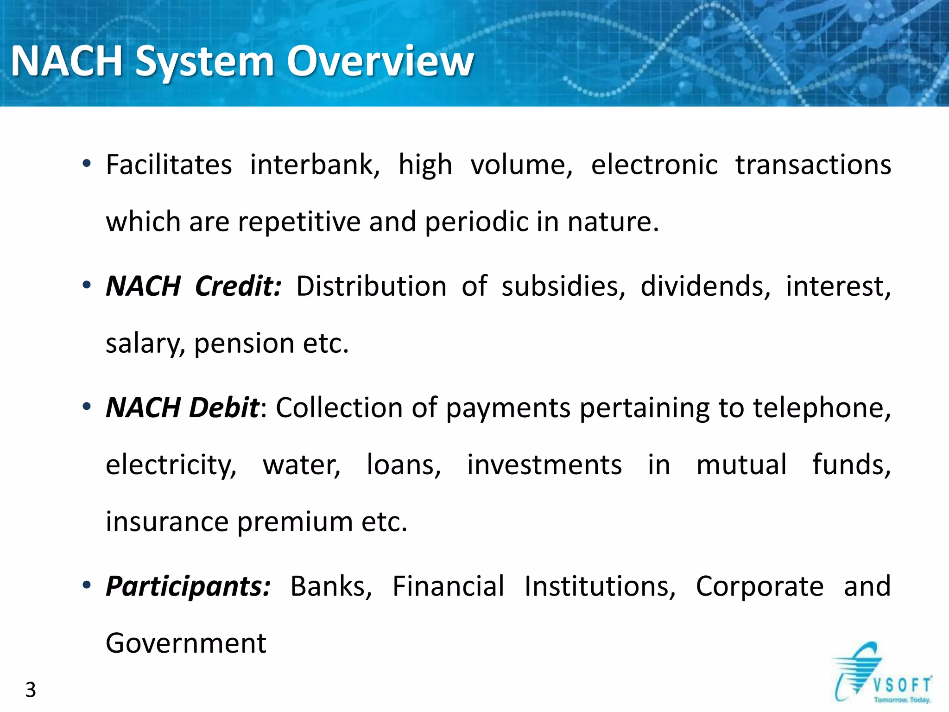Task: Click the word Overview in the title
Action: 380,61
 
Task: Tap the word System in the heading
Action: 205,62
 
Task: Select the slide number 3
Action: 31,690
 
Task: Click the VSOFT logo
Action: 883,674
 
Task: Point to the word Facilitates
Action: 169,165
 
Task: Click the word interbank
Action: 315,165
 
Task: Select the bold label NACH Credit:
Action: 193,286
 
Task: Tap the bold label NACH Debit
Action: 182,407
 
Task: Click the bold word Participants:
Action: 188,586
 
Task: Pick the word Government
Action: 186,643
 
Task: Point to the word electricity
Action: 171,465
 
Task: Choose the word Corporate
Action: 759,586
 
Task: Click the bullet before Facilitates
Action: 87,164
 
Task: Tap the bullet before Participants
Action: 87,585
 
